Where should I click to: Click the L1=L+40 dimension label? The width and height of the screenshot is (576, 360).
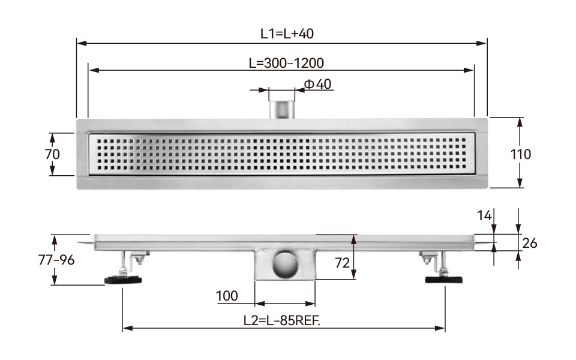click(x=287, y=34)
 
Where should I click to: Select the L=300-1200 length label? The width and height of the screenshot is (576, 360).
click(x=286, y=63)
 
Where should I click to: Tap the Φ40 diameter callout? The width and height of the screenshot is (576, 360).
click(x=318, y=84)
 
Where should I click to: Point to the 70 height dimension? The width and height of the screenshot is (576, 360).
click(x=53, y=154)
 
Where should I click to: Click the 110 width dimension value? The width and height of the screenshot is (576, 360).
click(x=521, y=154)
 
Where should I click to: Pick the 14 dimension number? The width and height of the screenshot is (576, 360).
click(x=484, y=215)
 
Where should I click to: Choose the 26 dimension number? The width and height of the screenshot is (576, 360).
click(x=529, y=243)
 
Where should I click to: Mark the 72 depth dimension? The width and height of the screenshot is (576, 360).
click(x=342, y=263)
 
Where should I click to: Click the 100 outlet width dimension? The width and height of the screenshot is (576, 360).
click(x=227, y=296)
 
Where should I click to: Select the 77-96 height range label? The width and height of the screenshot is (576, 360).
click(x=56, y=260)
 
